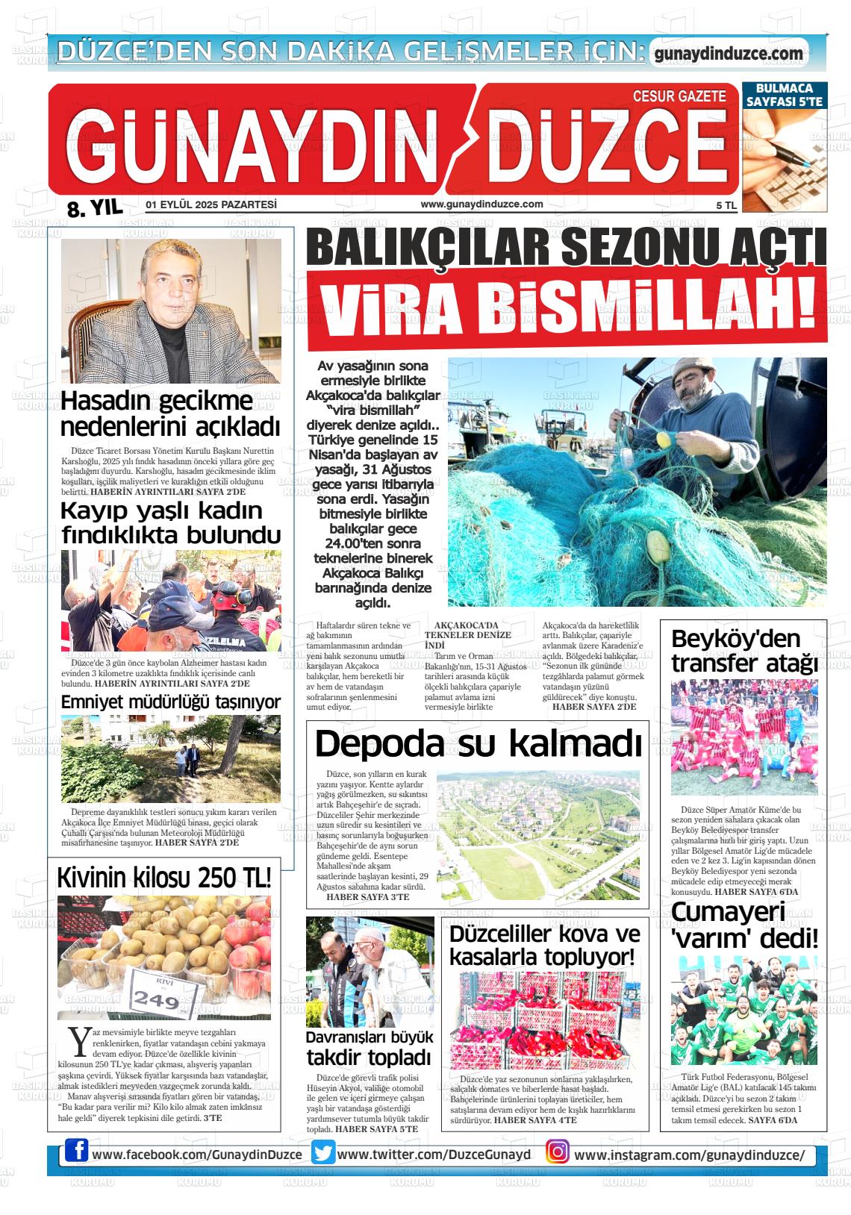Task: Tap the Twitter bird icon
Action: [323, 1153]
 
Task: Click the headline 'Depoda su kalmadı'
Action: [478, 744]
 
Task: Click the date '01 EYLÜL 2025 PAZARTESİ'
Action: [211, 204]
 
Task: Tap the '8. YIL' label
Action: [94, 208]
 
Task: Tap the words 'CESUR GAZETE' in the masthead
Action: [679, 96]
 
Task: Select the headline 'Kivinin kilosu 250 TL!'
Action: [164, 878]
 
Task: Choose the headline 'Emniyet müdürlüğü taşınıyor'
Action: [171, 702]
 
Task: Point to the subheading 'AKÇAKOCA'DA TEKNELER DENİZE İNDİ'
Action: [473, 634]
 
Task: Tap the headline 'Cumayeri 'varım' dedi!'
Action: [744, 924]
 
